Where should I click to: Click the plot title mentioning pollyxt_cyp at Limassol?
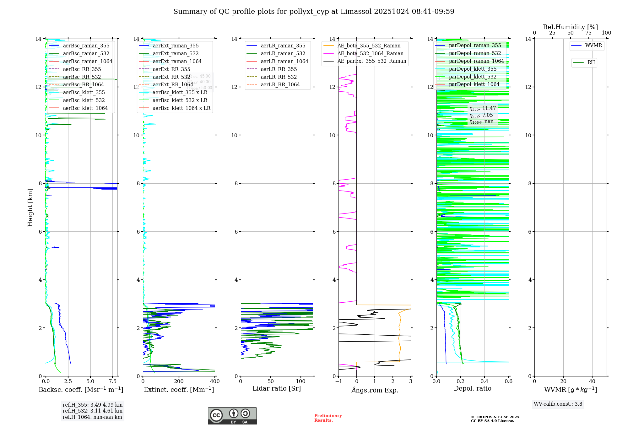(x=314, y=12)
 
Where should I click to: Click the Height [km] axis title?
(x=30, y=207)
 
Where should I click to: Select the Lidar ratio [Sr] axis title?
(x=276, y=389)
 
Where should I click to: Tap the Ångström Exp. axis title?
(x=375, y=390)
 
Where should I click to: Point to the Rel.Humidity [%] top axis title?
(x=570, y=27)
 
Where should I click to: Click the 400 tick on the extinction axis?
(x=215, y=381)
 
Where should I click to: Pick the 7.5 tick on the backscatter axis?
(x=113, y=381)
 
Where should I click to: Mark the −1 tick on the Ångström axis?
(x=338, y=381)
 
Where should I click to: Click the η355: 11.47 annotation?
(x=483, y=108)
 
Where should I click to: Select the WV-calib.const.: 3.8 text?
(x=558, y=404)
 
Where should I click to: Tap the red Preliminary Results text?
(x=328, y=418)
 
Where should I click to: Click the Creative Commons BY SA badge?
(x=232, y=416)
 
